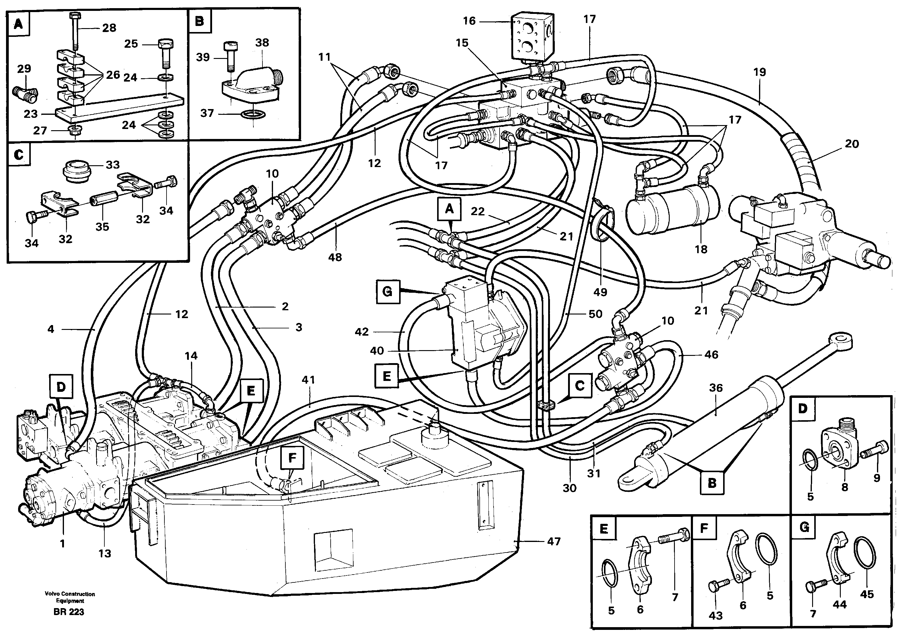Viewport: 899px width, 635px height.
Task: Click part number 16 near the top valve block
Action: coord(469,21)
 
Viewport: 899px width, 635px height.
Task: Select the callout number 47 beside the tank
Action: coord(554,542)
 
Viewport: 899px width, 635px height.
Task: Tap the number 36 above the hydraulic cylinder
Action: coord(716,388)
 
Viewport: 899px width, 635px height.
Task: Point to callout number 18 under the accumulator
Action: coord(701,249)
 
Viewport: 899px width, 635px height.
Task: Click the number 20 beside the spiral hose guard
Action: coord(852,144)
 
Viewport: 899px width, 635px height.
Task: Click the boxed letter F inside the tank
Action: coord(292,458)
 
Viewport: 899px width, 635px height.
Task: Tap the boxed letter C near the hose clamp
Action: coord(580,386)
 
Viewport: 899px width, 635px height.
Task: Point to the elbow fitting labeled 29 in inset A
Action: coord(27,94)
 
